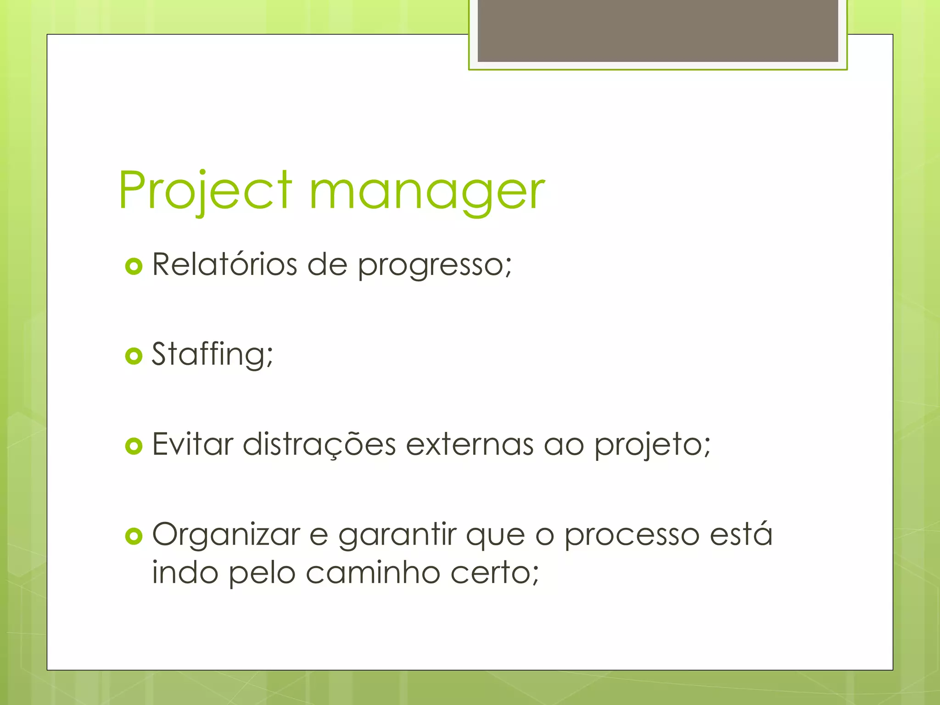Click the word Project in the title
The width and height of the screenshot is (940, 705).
[x=205, y=190]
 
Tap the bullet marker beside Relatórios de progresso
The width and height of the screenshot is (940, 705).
[x=134, y=266]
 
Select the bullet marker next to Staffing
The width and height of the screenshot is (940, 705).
[x=134, y=356]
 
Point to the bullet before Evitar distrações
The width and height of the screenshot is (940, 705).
[x=134, y=446]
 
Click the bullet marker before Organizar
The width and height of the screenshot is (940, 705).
[x=134, y=536]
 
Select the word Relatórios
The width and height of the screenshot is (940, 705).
[x=224, y=264]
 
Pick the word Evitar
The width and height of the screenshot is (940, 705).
[x=193, y=444]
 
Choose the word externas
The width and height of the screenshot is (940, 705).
[x=470, y=444]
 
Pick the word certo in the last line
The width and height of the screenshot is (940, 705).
[x=491, y=574]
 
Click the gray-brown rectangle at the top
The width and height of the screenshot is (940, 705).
[x=658, y=30]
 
